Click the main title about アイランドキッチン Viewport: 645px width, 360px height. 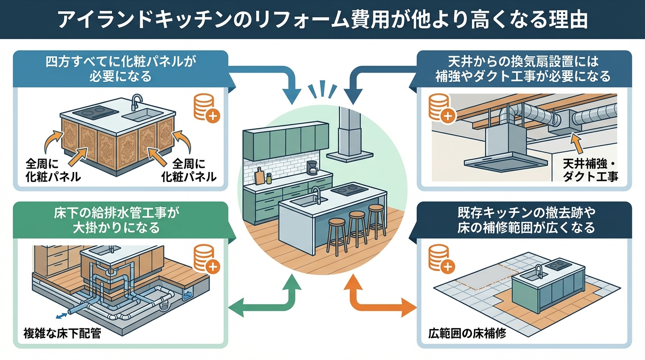tap(322, 19)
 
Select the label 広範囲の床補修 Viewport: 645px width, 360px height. tap(467, 334)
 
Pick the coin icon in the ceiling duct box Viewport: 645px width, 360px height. tap(441, 108)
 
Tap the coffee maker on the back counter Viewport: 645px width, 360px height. tap(312, 168)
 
